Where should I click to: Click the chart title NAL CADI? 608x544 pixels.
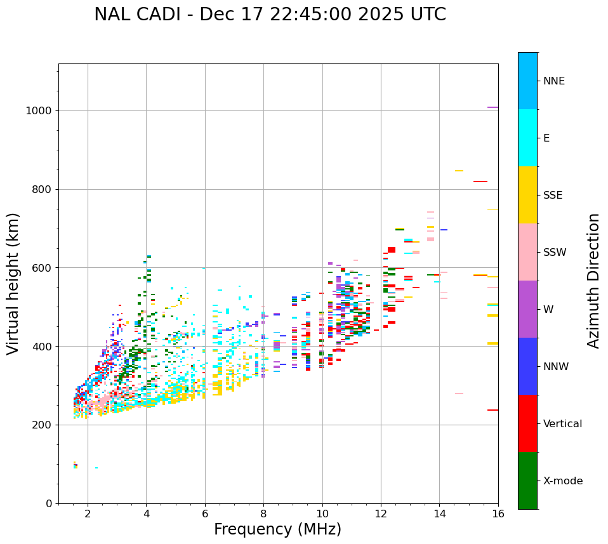click(x=270, y=15)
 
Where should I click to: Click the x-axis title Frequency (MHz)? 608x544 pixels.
click(x=277, y=529)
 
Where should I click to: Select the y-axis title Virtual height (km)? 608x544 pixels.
click(x=13, y=284)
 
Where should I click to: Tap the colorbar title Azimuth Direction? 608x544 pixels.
click(x=593, y=281)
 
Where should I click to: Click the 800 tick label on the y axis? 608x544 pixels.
click(x=41, y=189)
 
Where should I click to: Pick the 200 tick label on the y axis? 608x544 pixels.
click(x=41, y=425)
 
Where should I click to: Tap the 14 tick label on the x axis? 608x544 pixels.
click(x=440, y=514)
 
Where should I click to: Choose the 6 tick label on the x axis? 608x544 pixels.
click(x=205, y=514)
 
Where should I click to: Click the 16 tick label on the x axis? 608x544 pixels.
click(x=498, y=514)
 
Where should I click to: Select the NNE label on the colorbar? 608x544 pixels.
click(x=553, y=81)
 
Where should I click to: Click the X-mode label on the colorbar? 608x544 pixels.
click(x=562, y=481)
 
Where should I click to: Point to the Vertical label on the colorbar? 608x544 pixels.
click(x=562, y=424)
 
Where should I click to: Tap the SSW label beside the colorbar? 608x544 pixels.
click(x=554, y=253)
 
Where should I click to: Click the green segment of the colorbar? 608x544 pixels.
click(x=527, y=481)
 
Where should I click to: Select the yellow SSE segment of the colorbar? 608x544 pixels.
click(x=527, y=195)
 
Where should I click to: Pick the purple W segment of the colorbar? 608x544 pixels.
click(x=527, y=309)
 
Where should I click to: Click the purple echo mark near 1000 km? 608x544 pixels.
click(x=492, y=107)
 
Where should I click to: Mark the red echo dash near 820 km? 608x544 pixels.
click(x=480, y=182)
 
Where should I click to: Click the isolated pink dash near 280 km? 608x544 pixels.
click(x=459, y=394)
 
